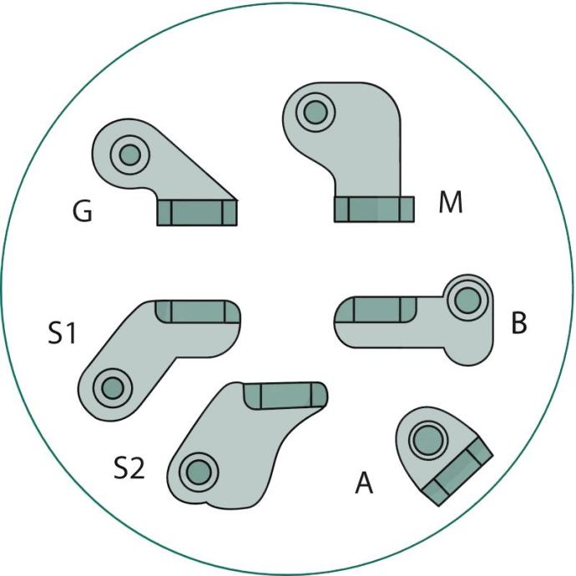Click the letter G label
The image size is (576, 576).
point(83,214)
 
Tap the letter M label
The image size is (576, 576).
point(451,202)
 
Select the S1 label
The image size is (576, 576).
point(63,336)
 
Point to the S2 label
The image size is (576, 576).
point(129,468)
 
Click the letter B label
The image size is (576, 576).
point(519,324)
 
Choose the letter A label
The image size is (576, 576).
point(364,483)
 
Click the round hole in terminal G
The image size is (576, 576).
point(129,154)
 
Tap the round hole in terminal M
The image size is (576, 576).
point(315,110)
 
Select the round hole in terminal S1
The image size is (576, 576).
point(109,387)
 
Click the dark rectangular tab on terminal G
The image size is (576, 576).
point(197,213)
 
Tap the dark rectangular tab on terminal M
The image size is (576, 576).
point(374,209)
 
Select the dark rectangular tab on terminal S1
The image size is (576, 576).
point(197,311)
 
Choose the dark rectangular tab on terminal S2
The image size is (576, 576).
point(284,395)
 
